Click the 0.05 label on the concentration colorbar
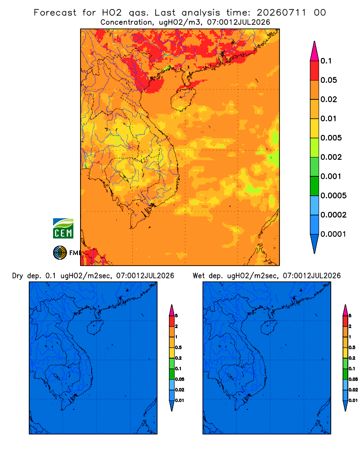328,80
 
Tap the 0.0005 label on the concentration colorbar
333,196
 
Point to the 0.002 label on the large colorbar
331,157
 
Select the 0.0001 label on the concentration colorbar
333,234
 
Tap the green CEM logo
63,229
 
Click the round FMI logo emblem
60,252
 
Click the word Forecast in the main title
55,13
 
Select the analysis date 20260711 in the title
281,13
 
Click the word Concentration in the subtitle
126,22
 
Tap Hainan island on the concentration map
184,99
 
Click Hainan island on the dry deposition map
95,328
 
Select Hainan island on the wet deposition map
269,328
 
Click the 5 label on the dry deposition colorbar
176,316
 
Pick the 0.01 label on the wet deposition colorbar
353,400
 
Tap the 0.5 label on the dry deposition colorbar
178,347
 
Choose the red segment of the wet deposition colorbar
345,321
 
